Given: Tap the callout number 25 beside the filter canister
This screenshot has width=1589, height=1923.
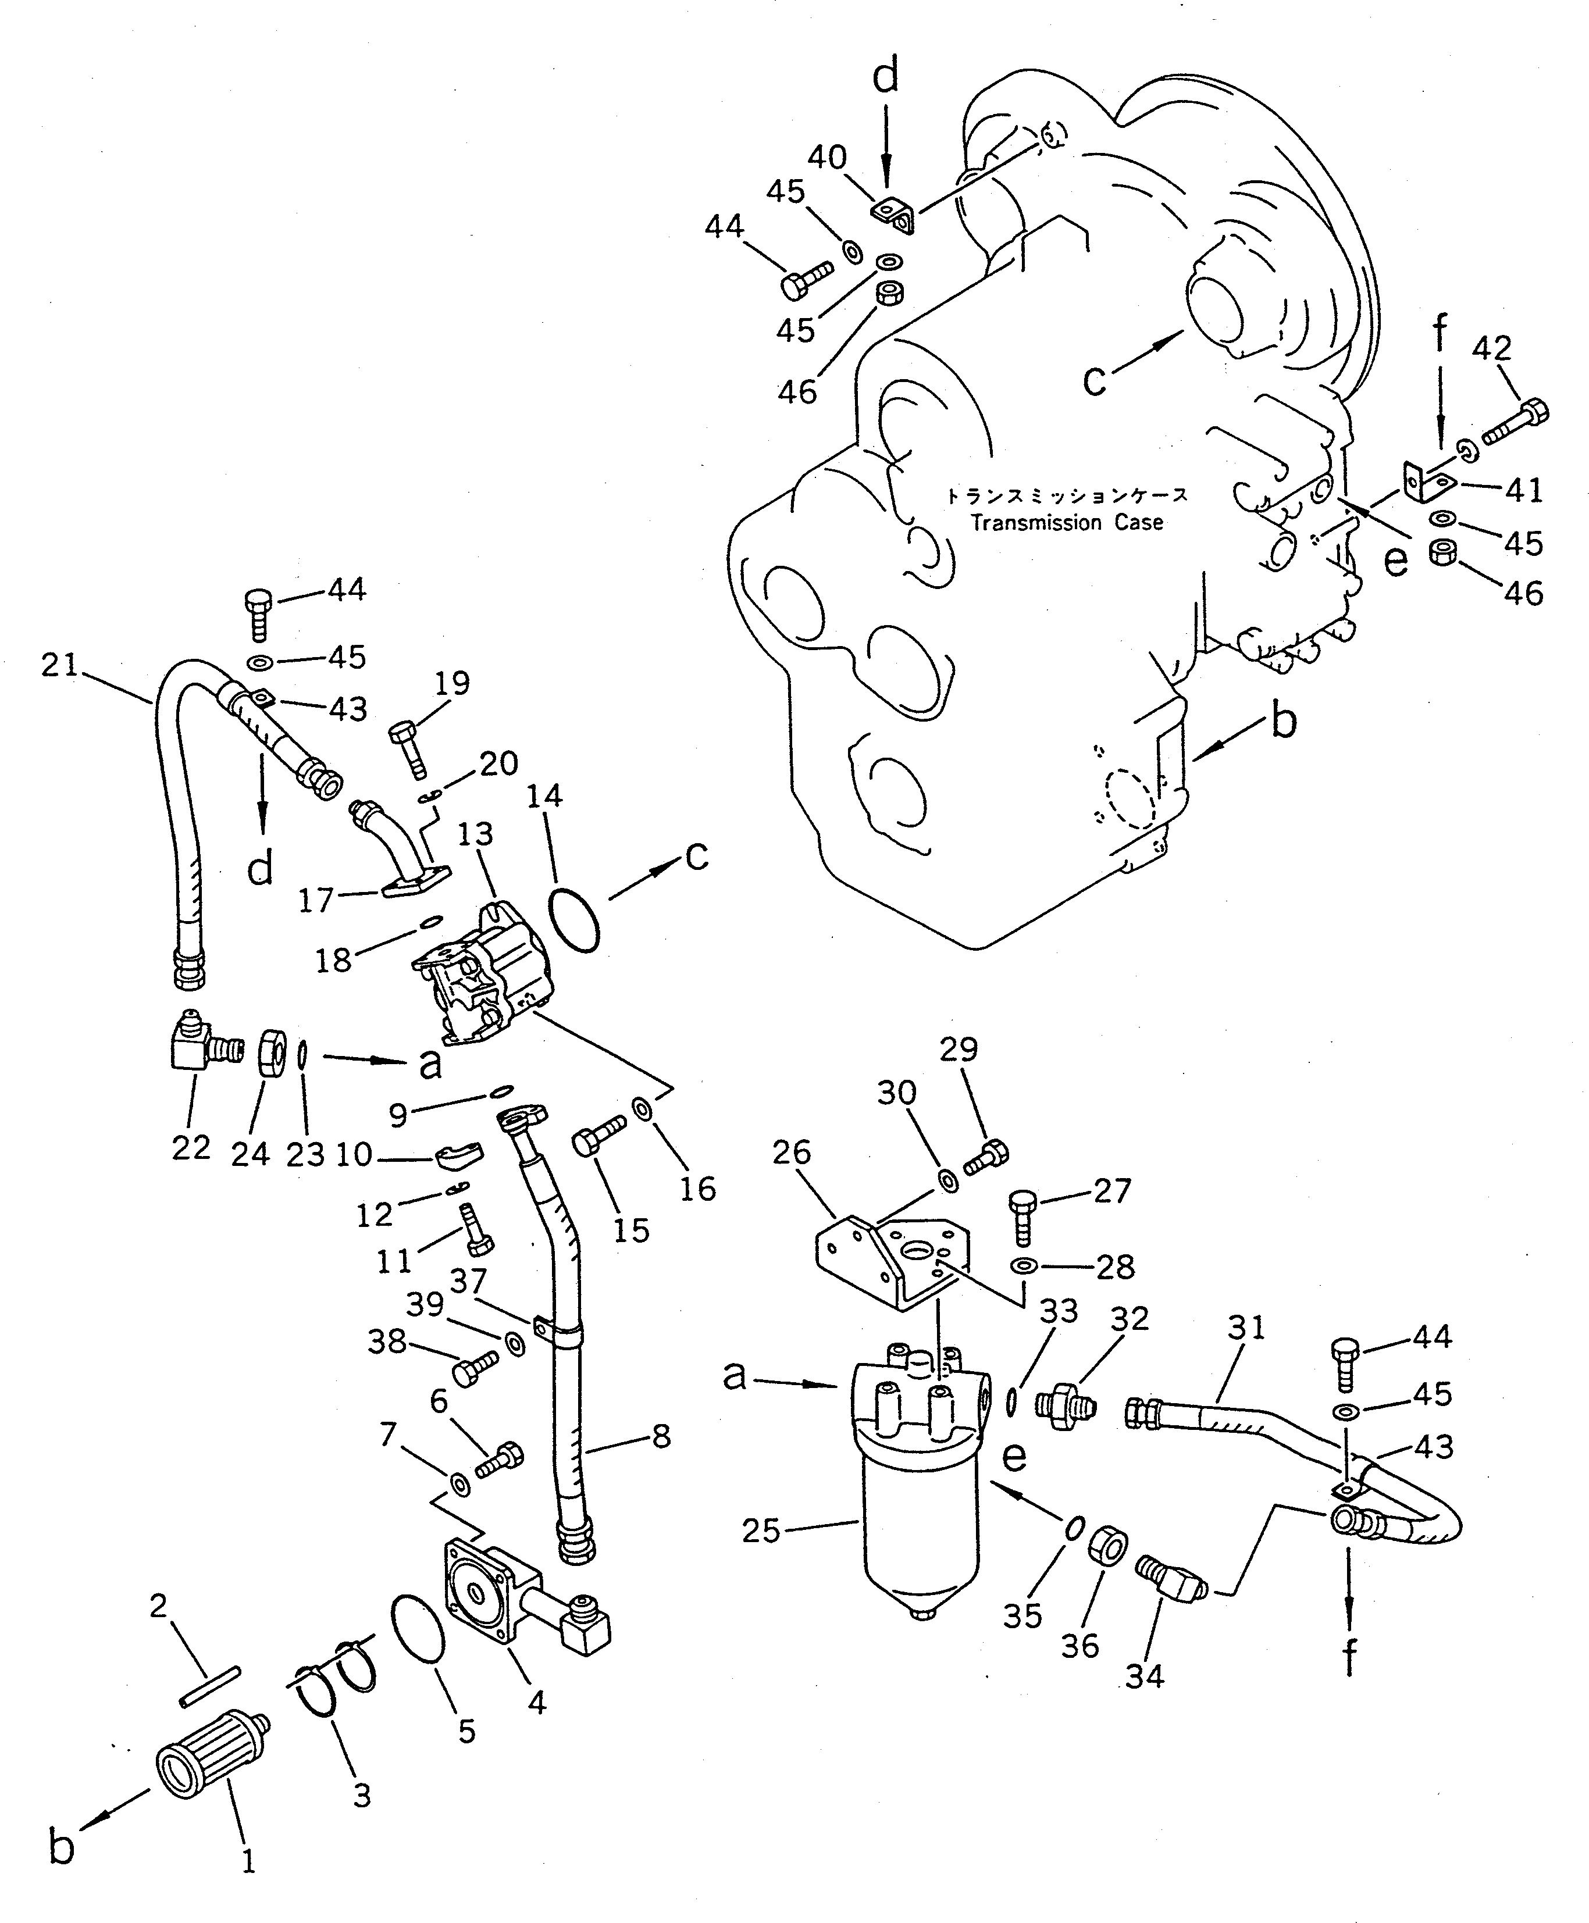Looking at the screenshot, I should tap(761, 1530).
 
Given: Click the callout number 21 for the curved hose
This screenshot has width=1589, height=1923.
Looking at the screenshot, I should tap(60, 665).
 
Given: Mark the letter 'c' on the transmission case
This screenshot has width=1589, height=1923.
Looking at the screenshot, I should tap(1094, 378).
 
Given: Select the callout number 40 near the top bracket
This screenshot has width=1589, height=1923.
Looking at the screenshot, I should tap(826, 158).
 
